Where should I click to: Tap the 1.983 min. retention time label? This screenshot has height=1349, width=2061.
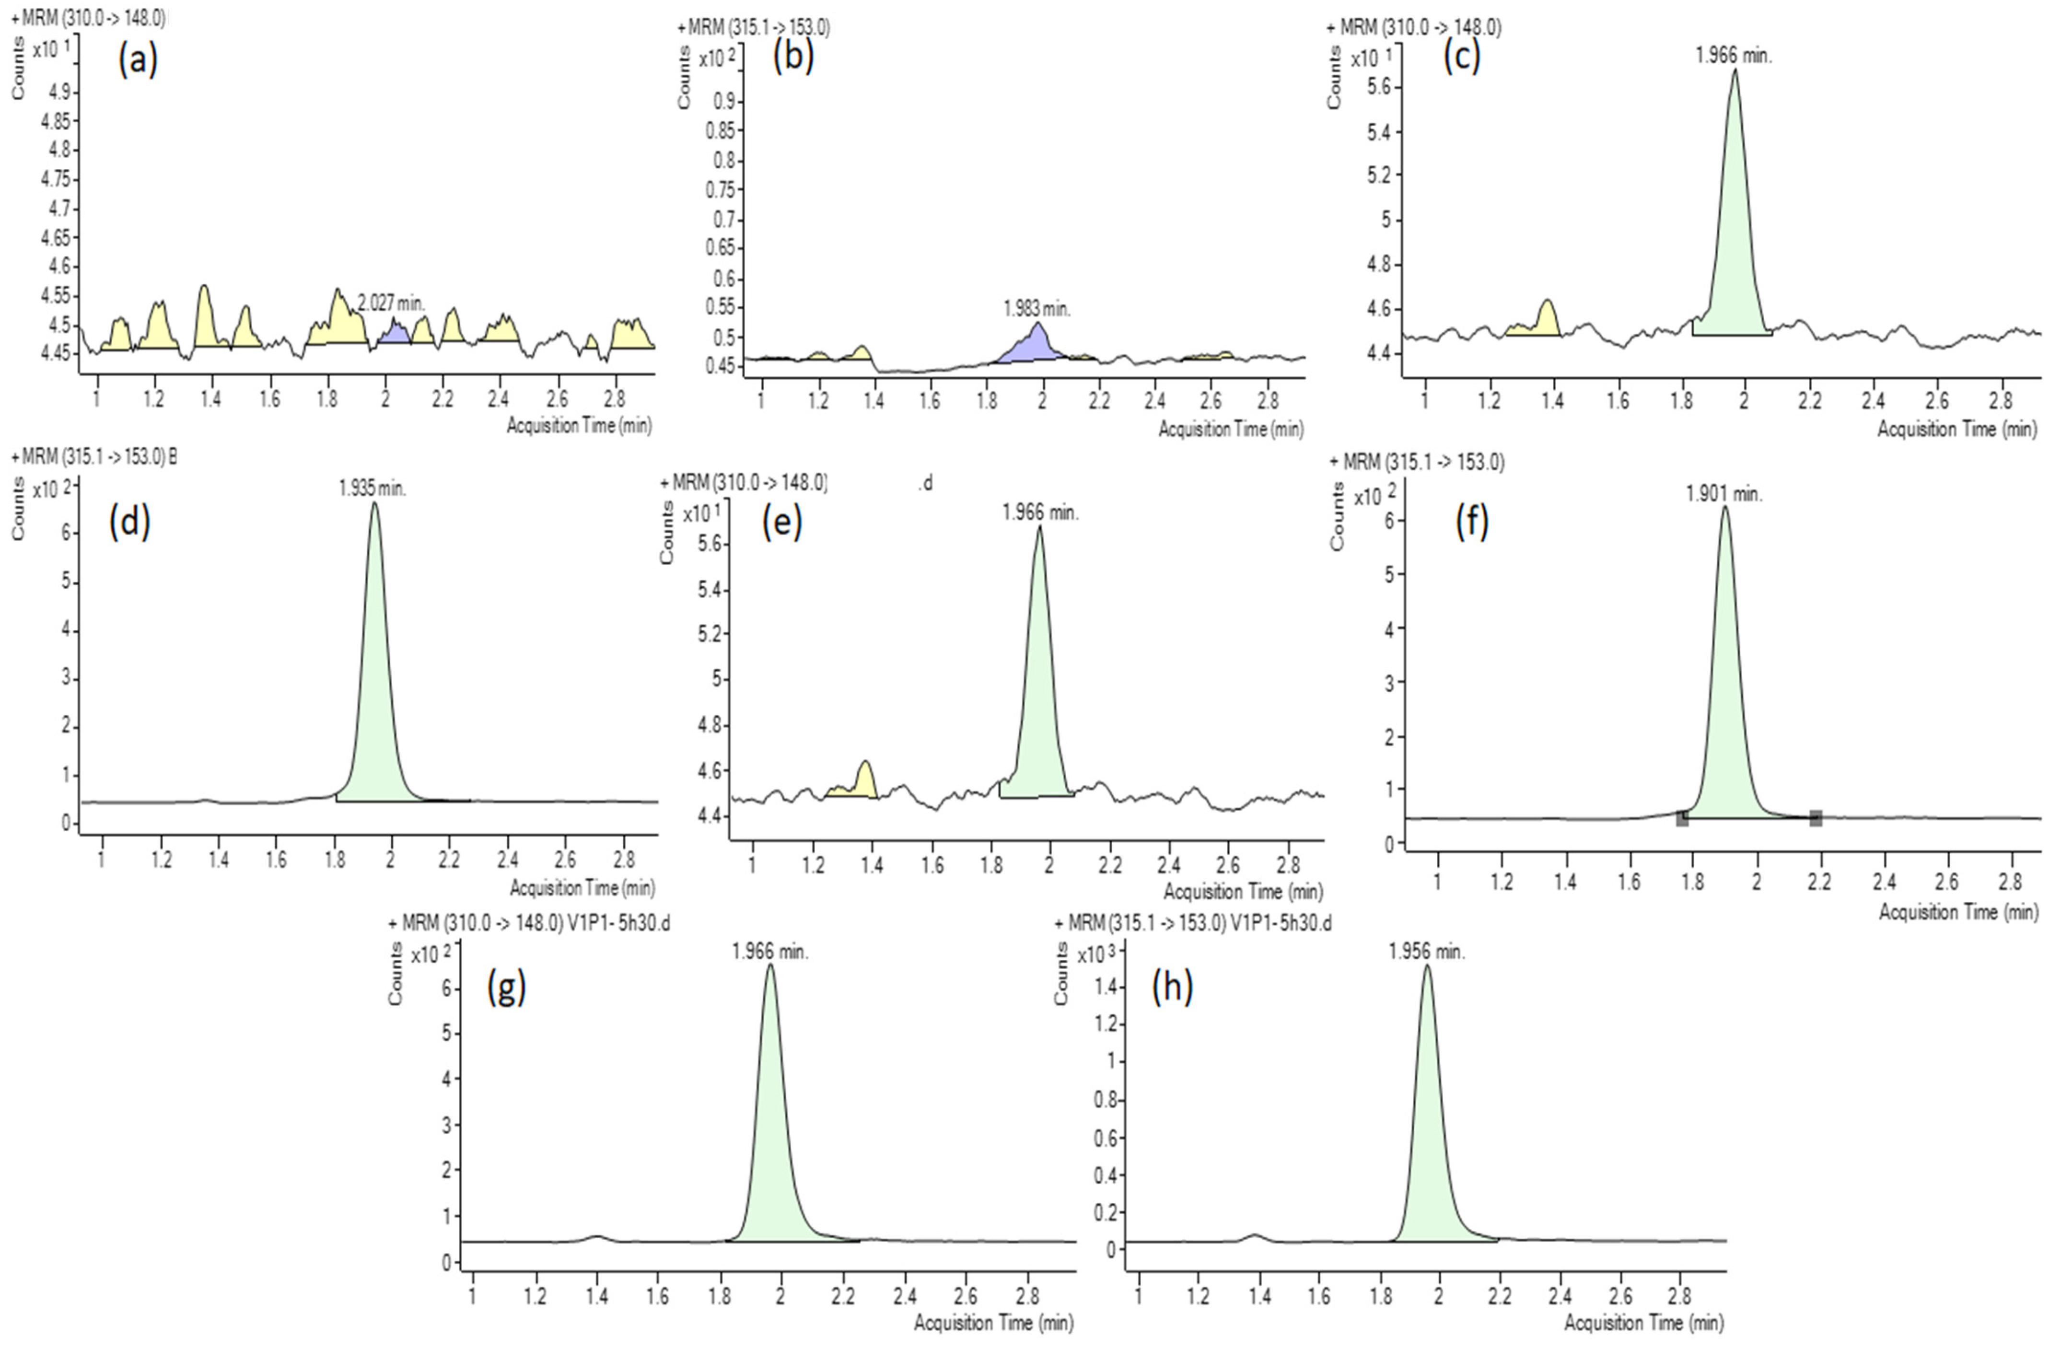click(x=1036, y=309)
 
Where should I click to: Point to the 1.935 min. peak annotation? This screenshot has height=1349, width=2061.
click(x=373, y=488)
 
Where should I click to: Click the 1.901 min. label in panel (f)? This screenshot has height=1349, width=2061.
click(x=1723, y=494)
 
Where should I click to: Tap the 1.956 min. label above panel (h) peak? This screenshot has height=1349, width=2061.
click(x=1427, y=952)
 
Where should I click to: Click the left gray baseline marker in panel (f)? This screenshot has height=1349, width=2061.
click(x=1682, y=818)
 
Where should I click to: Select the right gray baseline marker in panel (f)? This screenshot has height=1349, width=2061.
click(x=1816, y=817)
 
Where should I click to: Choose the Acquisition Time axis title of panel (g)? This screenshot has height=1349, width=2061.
click(x=993, y=1323)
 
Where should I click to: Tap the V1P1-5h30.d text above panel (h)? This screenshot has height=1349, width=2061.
click(x=1281, y=924)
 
